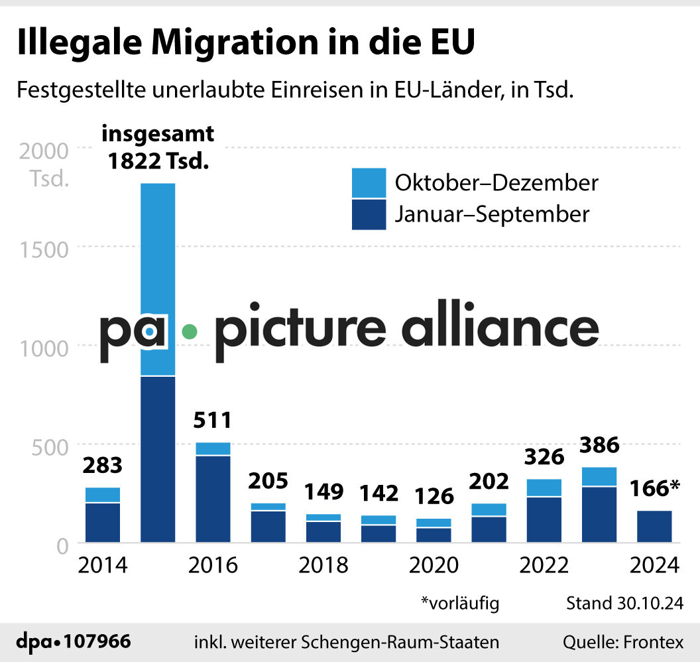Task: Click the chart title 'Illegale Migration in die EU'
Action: click(x=246, y=43)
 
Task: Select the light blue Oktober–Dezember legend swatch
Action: click(x=369, y=182)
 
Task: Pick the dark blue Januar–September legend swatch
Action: click(x=369, y=215)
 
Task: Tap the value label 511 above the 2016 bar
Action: click(x=213, y=421)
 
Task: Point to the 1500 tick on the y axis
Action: click(x=44, y=249)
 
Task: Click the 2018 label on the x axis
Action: click(x=323, y=565)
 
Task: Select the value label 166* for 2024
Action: click(x=655, y=488)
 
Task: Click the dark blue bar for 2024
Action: click(x=655, y=527)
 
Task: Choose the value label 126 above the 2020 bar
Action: click(x=434, y=496)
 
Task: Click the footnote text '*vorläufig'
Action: click(x=460, y=603)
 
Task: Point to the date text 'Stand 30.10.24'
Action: click(x=624, y=603)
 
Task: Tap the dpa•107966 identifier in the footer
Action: click(x=74, y=642)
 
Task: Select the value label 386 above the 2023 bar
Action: click(x=599, y=444)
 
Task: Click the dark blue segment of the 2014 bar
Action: click(x=103, y=523)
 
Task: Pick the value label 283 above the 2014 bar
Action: click(x=103, y=465)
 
